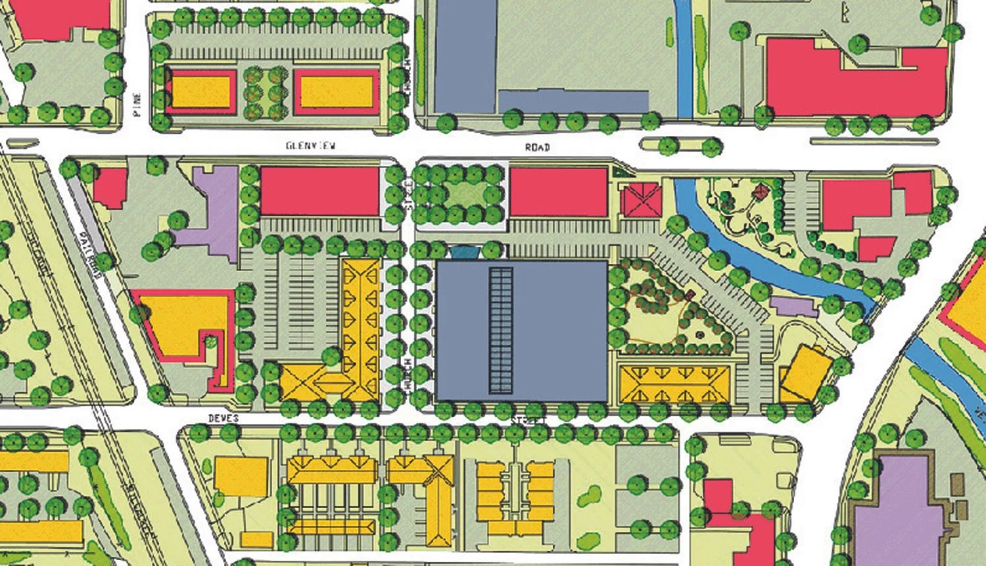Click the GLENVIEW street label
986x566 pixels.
(310, 145)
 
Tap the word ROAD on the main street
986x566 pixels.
(537, 147)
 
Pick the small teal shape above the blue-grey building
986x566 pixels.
(464, 251)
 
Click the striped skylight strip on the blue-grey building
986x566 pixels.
(500, 329)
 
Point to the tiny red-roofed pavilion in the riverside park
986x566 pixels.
(761, 192)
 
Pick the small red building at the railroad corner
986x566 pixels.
(110, 188)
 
